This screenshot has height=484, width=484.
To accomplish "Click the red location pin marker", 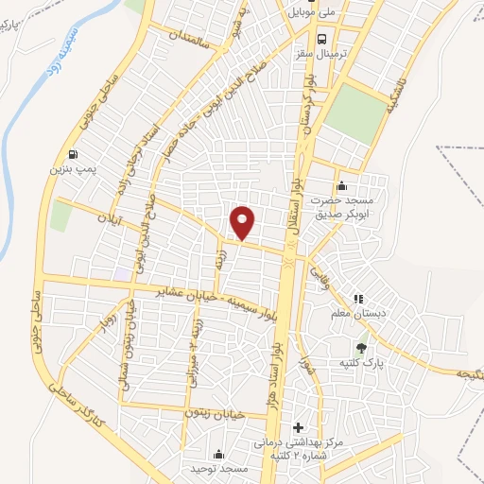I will (244, 222).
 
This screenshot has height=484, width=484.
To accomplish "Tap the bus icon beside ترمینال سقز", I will (323, 39).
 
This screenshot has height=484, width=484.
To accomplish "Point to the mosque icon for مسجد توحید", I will (219, 454).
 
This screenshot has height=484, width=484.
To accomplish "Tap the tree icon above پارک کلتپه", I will (360, 346).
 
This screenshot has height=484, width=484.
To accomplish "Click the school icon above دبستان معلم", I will (357, 299).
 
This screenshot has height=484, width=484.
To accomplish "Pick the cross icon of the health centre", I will (299, 427).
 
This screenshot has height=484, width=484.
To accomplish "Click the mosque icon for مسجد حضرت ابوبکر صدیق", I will (341, 185).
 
